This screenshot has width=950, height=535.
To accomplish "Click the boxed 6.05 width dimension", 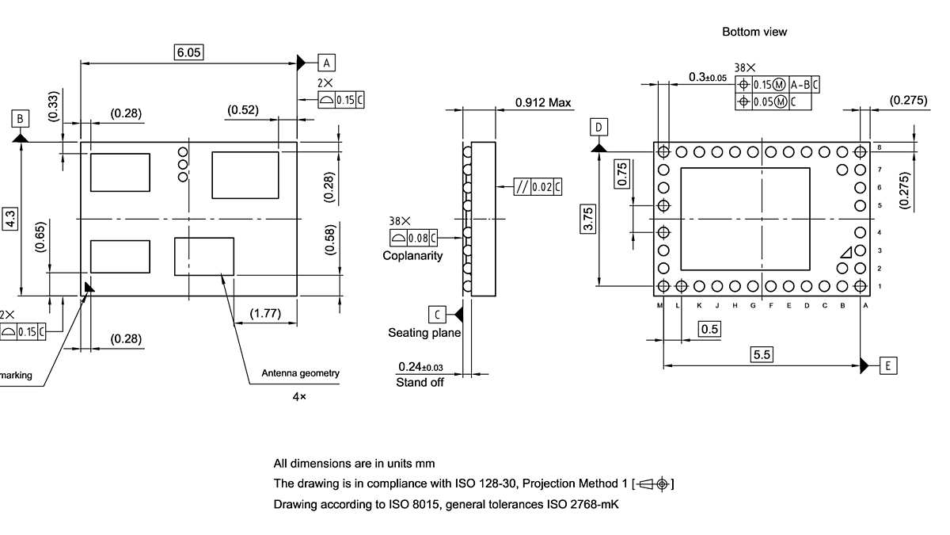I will (x=189, y=52).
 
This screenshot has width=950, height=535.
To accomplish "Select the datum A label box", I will (x=328, y=62).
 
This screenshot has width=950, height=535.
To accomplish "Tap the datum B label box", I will (x=21, y=119).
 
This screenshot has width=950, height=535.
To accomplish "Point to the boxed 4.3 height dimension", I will (x=10, y=219).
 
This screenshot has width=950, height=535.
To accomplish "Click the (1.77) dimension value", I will (x=265, y=314).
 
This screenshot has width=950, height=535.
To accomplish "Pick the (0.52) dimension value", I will (x=243, y=110).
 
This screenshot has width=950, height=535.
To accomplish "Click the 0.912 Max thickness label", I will (x=543, y=102).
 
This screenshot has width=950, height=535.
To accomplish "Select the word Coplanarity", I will (x=412, y=255).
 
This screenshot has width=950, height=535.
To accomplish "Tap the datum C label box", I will (x=437, y=313).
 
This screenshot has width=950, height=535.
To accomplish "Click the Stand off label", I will (x=420, y=382).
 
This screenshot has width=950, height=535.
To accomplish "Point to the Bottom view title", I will (x=754, y=32).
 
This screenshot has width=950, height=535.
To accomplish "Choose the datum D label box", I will (x=599, y=128).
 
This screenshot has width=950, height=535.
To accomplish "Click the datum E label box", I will (x=889, y=365).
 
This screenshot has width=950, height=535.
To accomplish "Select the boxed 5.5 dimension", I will (x=762, y=355).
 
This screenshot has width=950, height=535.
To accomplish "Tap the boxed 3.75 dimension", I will (x=588, y=218).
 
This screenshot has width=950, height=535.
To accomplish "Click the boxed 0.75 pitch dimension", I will (x=622, y=174).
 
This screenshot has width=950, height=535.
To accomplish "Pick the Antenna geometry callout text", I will (x=300, y=373).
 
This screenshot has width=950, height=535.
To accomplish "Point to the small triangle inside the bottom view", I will (x=846, y=251).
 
